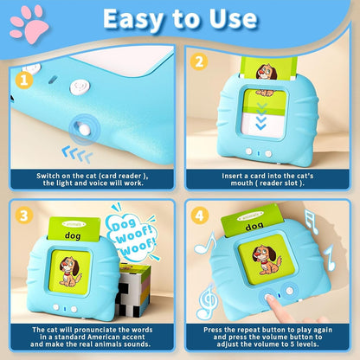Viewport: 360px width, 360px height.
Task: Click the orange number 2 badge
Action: coord(198,62)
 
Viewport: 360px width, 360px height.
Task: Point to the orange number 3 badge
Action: coord(26,216)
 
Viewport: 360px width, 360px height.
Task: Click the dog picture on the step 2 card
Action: coord(267,71)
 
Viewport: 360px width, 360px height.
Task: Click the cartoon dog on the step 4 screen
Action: coord(268,261)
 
